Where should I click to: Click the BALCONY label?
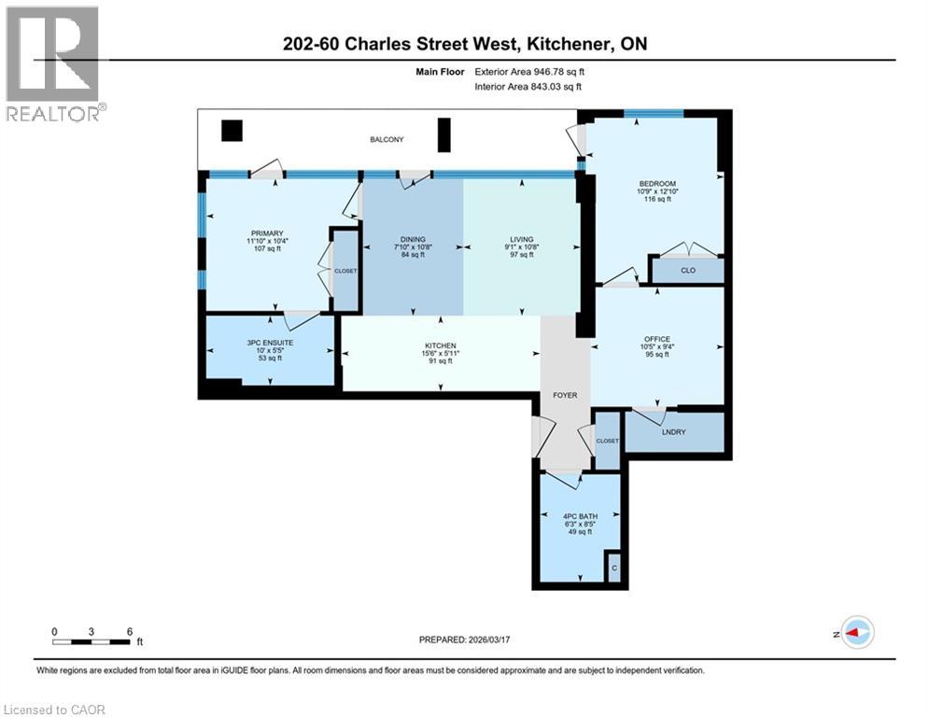(386, 140)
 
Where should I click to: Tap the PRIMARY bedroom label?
(266, 233)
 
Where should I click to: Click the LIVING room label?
(522, 240)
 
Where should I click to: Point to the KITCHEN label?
(441, 344)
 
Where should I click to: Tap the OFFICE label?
(656, 339)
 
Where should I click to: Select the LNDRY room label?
(674, 431)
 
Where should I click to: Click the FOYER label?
(564, 395)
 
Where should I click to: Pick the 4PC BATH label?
(576, 515)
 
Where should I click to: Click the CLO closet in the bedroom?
(687, 271)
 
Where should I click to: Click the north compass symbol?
(856, 632)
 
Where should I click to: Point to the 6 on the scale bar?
(128, 631)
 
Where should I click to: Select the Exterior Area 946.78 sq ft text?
(529, 71)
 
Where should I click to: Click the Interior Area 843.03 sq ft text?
(528, 86)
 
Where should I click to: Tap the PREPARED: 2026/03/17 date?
(465, 640)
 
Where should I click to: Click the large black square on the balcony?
(231, 131)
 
